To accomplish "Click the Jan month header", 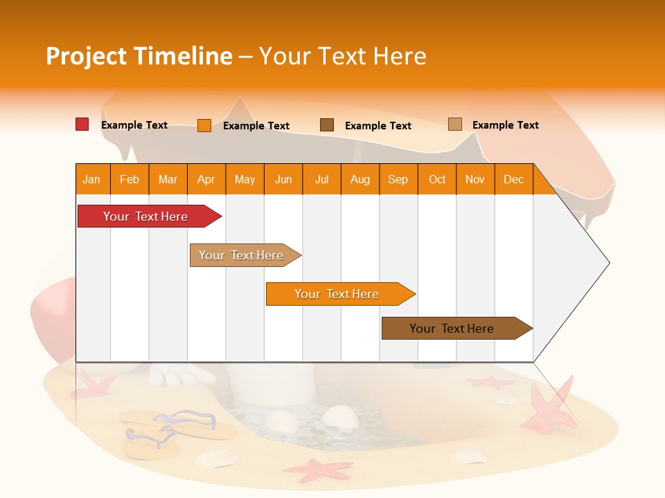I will (x=91, y=179).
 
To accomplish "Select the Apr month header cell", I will (x=206, y=179).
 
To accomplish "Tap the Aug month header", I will (x=360, y=179).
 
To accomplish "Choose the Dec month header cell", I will (x=513, y=179).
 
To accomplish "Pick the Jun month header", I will (x=283, y=179).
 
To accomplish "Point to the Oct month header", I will (x=437, y=179).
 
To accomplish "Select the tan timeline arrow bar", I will (x=242, y=255).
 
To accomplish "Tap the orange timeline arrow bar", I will (x=337, y=294).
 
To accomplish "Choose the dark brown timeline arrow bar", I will (x=453, y=329).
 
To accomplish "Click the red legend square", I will (x=82, y=124).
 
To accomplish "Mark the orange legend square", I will (x=204, y=125).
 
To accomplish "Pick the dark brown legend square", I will (x=327, y=125).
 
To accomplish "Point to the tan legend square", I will (x=454, y=124).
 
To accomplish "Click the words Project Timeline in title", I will (x=139, y=56).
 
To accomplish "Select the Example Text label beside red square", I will (x=134, y=125).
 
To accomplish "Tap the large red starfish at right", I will (x=551, y=408).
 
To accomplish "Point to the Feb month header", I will (x=130, y=179).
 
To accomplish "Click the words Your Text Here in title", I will (x=342, y=56).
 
